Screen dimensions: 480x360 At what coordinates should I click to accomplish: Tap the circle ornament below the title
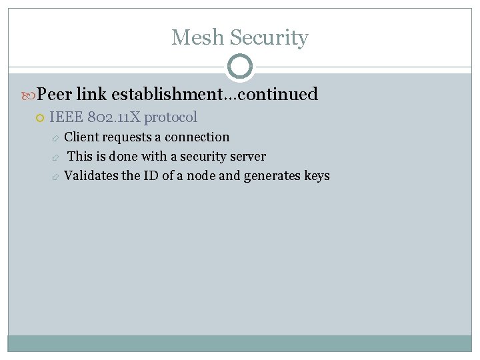click(239, 67)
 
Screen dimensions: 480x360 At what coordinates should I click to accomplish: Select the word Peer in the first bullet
click(54, 94)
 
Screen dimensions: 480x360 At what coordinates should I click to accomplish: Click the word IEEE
click(65, 117)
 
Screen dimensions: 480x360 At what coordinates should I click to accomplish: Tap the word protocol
click(171, 117)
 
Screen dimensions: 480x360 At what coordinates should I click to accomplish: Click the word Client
click(80, 137)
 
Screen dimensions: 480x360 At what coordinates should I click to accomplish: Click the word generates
click(273, 176)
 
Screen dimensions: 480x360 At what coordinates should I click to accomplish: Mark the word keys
click(317, 176)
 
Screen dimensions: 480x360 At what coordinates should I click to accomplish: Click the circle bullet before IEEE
click(39, 118)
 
